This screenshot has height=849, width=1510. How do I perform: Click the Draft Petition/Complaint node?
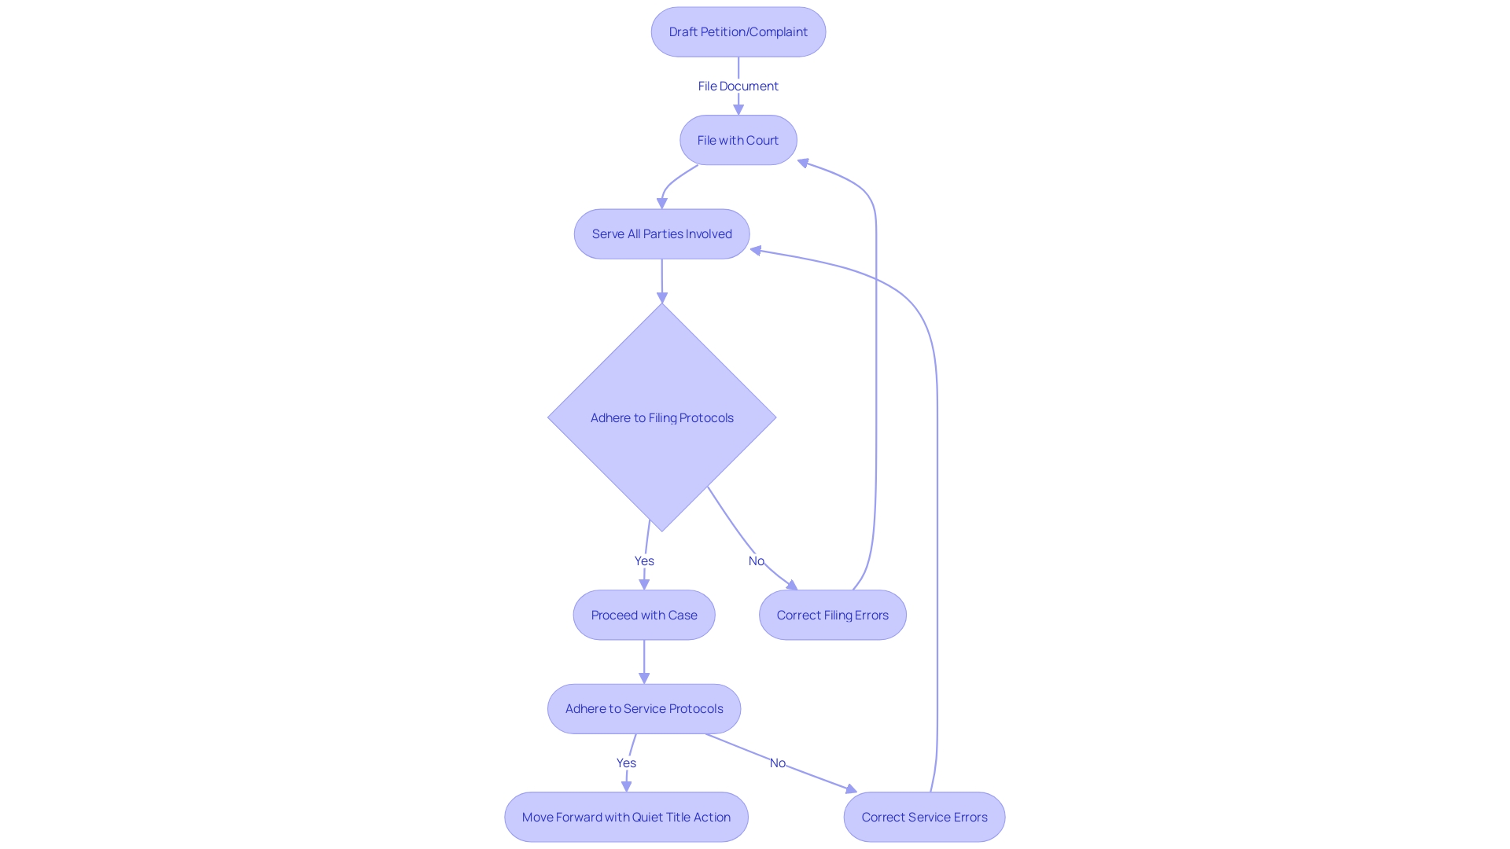738,32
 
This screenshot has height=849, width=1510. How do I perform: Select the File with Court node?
738,141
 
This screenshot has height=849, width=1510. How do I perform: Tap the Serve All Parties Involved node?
661,234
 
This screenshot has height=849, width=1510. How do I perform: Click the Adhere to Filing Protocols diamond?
661,418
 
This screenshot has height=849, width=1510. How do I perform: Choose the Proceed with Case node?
643,616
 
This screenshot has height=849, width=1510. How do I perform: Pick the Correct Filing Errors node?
832,616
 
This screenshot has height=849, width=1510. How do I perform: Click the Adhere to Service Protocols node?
643,709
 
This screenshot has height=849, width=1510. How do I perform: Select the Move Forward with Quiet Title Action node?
626,818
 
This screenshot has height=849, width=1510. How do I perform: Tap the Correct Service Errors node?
924,818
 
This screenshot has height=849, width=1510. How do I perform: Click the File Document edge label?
738,86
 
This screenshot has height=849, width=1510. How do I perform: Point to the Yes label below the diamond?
644,561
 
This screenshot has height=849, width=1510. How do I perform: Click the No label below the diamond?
756,561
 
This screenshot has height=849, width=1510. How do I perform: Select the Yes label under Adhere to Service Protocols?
626,763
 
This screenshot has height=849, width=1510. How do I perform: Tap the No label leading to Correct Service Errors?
777,763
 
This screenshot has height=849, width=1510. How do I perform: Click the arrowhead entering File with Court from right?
803,163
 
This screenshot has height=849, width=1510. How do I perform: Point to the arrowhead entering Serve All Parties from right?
756,251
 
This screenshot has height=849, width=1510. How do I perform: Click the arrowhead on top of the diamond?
661,298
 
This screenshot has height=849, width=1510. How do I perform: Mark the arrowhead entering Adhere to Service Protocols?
643,678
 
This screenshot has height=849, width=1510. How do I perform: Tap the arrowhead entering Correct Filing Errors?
792,585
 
